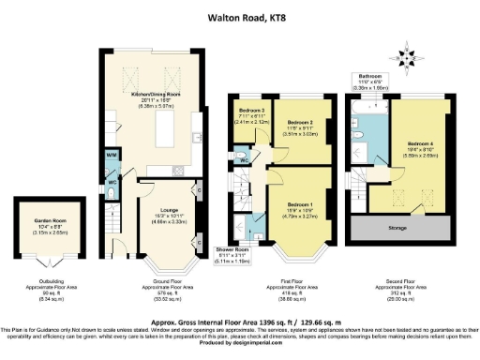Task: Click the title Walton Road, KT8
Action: (239, 16)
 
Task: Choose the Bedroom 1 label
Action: (299, 204)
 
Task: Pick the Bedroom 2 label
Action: (299, 123)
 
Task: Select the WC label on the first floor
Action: (244, 160)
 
